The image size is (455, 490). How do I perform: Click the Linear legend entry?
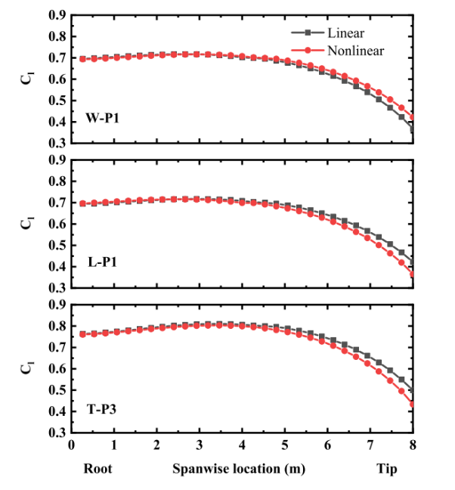coord(345,33)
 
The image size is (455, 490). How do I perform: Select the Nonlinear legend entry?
coord(355,51)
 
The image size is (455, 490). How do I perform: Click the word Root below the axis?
coord(97,469)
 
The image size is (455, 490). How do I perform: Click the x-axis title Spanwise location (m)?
coord(239,469)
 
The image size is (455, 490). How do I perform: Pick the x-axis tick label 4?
coord(242,447)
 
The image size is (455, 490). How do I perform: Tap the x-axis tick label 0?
coord(71,447)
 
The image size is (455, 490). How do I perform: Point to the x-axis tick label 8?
coord(413,447)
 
